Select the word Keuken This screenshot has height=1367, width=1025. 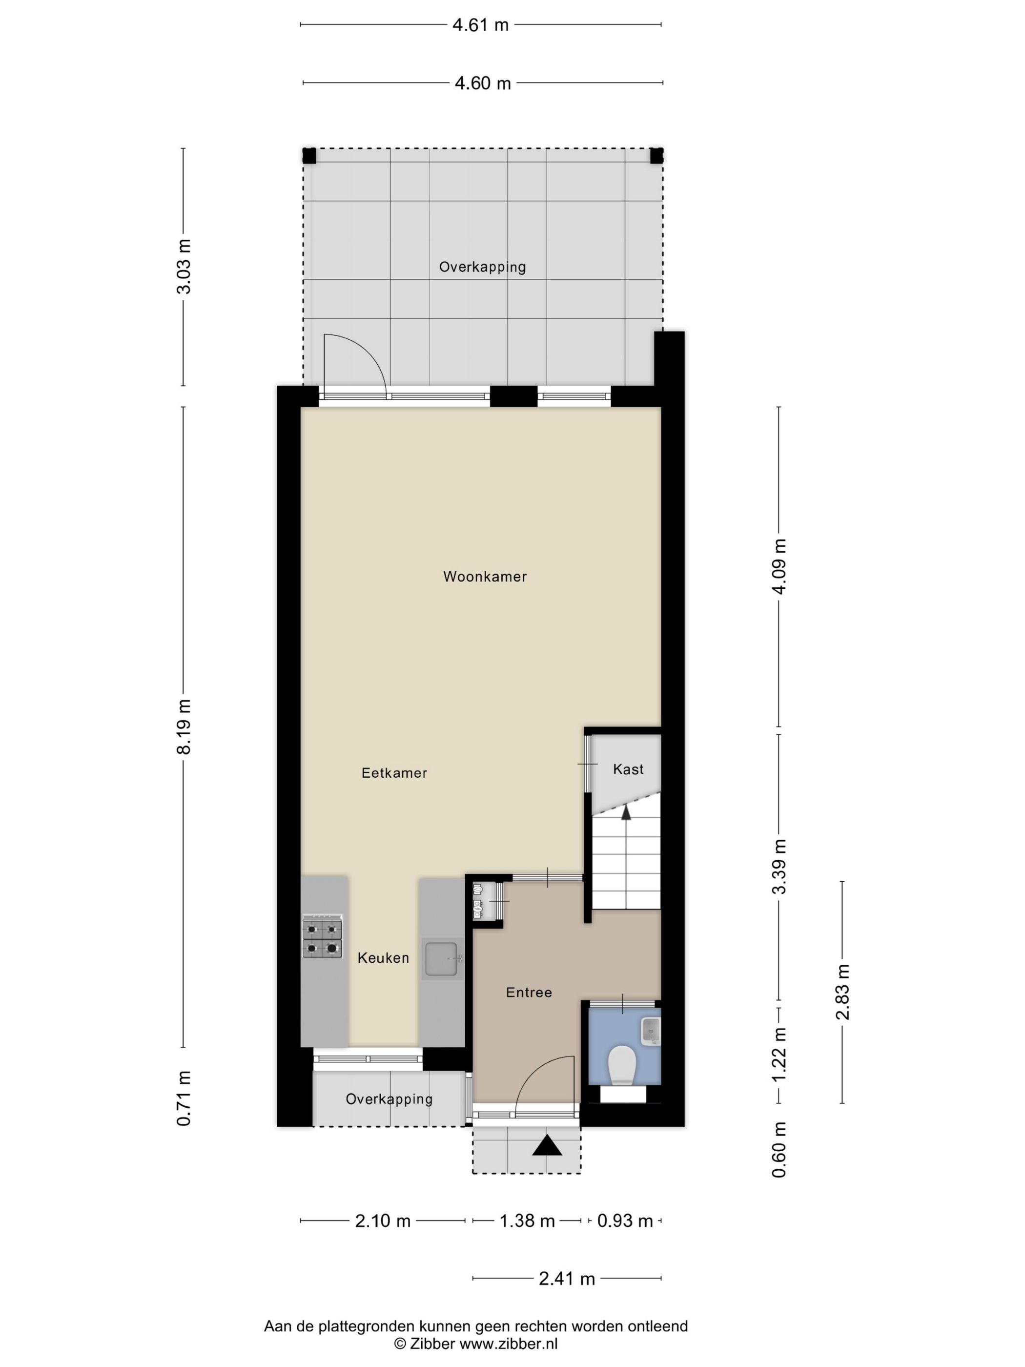[x=383, y=958]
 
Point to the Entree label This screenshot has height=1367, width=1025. [x=529, y=993]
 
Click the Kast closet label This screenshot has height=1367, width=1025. [x=628, y=769]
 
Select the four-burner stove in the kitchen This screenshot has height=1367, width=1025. [x=322, y=937]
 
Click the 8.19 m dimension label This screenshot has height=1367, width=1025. [x=184, y=727]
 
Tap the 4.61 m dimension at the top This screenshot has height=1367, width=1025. [x=480, y=25]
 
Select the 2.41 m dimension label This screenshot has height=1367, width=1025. [x=567, y=1279]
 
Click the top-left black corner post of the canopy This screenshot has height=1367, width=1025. [x=309, y=156]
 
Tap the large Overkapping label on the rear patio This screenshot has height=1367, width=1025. [x=483, y=267]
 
